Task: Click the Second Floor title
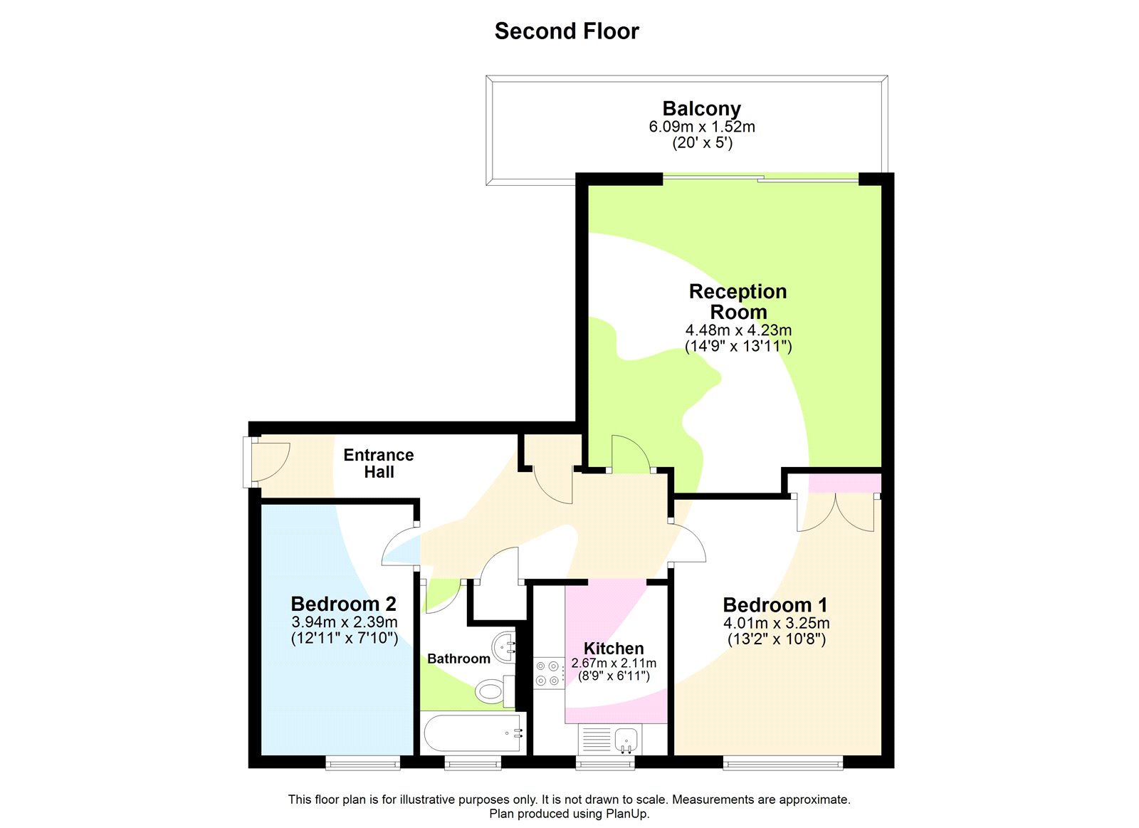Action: coord(567,31)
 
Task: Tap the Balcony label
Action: coord(701,108)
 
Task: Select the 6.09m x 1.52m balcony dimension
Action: coord(701,127)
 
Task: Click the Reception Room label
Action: coord(738,301)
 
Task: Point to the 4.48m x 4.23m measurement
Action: coord(738,330)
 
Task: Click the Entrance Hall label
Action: coord(378,463)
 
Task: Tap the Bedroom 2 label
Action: coord(343,604)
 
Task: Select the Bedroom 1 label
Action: coord(775,605)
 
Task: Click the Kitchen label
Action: coord(613,649)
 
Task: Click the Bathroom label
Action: coord(458,659)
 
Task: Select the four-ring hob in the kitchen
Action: coord(548,674)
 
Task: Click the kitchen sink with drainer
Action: coord(610,740)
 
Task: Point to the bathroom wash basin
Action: coord(505,646)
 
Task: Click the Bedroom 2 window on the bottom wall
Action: coord(363,763)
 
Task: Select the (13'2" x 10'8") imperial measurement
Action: coord(776,639)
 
